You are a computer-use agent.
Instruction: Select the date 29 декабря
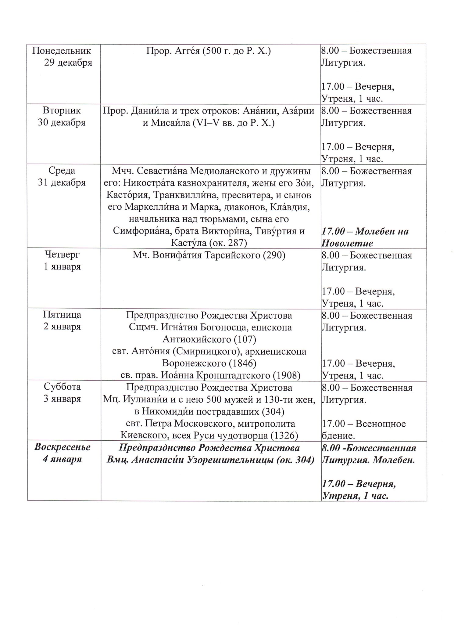pyautogui.click(x=68, y=63)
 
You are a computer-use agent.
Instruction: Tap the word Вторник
pyautogui.click(x=62, y=110)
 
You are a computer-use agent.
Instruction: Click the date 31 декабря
pyautogui.click(x=62, y=182)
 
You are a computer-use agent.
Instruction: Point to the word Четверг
pyautogui.click(x=62, y=255)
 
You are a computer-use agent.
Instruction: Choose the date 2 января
pyautogui.click(x=62, y=327)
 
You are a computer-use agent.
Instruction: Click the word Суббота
pyautogui.click(x=62, y=387)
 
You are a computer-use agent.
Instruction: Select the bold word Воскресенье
pyautogui.click(x=62, y=447)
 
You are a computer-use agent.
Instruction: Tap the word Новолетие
pyautogui.click(x=347, y=243)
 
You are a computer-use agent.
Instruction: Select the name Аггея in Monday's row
pyautogui.click(x=185, y=51)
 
